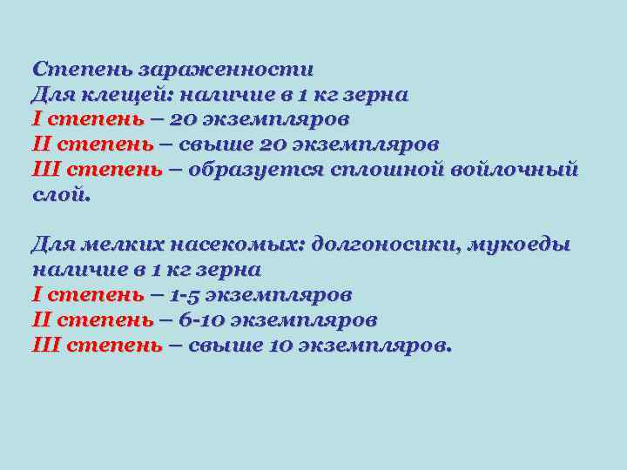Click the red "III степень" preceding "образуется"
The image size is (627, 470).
pyautogui.click(x=97, y=169)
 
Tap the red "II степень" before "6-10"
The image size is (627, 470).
pyautogui.click(x=92, y=320)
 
